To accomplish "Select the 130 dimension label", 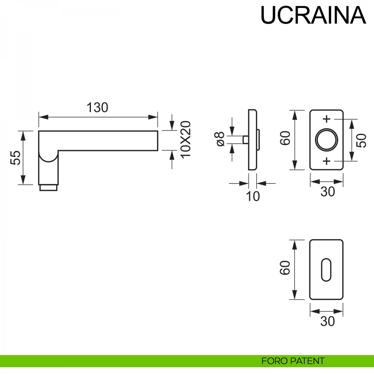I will pyautogui.click(x=97, y=108).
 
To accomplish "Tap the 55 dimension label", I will pyautogui.click(x=16, y=157).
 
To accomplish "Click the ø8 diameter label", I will pyautogui.click(x=220, y=139).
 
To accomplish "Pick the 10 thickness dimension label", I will pyautogui.click(x=253, y=196).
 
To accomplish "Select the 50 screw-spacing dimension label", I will pyautogui.click(x=362, y=140).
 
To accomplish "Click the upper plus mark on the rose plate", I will pyautogui.click(x=326, y=119).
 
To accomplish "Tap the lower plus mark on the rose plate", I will pyautogui.click(x=326, y=161).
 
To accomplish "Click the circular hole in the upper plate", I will pyautogui.click(x=326, y=140).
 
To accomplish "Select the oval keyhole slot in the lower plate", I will pyautogui.click(x=326, y=270).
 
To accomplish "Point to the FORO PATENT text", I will pyautogui.click(x=293, y=361).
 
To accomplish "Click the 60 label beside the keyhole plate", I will pyautogui.click(x=285, y=268).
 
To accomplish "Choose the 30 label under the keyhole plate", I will pyautogui.click(x=327, y=321).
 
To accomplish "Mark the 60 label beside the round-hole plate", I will pyautogui.click(x=285, y=138).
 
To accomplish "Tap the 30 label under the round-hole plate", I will pyautogui.click(x=327, y=192).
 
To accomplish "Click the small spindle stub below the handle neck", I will pyautogui.click(x=48, y=188).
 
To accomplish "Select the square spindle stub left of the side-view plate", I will pyautogui.click(x=245, y=140).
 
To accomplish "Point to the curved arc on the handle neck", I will pyautogui.click(x=48, y=159).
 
